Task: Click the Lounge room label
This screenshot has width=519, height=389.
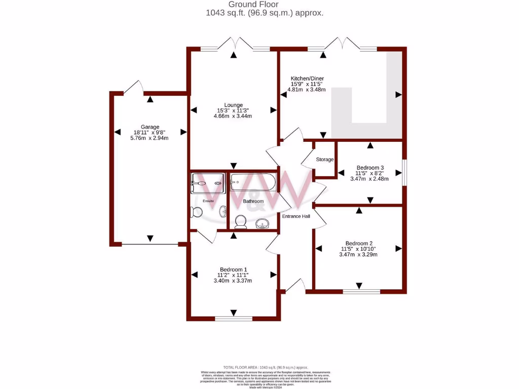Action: click(x=233, y=105)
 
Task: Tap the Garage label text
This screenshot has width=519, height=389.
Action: click(x=150, y=127)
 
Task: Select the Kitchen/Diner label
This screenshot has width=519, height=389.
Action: click(x=307, y=79)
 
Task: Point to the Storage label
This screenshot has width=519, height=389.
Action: click(x=325, y=160)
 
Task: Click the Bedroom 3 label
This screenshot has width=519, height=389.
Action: click(x=370, y=167)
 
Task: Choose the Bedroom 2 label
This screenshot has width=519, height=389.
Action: click(x=359, y=243)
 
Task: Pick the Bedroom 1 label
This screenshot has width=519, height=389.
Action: click(x=233, y=269)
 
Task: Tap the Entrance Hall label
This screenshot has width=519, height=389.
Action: click(x=295, y=216)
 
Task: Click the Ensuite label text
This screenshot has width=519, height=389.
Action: click(x=208, y=201)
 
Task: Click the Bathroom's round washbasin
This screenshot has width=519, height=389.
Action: click(x=262, y=223)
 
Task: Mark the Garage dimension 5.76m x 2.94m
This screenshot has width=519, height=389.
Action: click(x=150, y=138)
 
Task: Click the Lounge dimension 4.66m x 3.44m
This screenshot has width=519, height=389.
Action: click(x=233, y=116)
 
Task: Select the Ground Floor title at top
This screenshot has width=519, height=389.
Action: click(x=261, y=5)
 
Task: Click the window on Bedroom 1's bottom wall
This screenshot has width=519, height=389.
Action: click(x=233, y=319)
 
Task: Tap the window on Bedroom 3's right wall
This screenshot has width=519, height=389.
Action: click(x=404, y=173)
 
